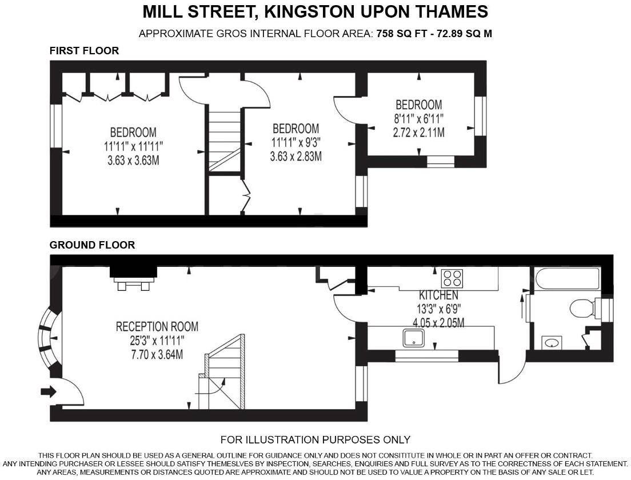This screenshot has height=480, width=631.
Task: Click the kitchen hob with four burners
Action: (x=452, y=278)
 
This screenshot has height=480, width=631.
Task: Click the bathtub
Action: (x=568, y=279)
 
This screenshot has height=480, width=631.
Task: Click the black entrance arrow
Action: (x=49, y=391)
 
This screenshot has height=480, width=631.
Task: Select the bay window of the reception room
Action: (x=49, y=338)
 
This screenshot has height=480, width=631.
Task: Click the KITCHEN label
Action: (x=438, y=295)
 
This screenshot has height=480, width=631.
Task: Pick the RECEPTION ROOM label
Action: (x=157, y=327)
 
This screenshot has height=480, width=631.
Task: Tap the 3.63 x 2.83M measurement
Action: (x=295, y=155)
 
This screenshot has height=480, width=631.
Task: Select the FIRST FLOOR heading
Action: (x=84, y=51)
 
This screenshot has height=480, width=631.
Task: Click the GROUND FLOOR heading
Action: (x=92, y=245)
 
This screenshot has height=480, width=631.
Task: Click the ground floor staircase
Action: (x=225, y=371)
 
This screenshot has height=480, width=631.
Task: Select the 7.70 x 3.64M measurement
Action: (x=157, y=354)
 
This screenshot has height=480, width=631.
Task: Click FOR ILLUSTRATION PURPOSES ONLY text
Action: (x=315, y=439)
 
